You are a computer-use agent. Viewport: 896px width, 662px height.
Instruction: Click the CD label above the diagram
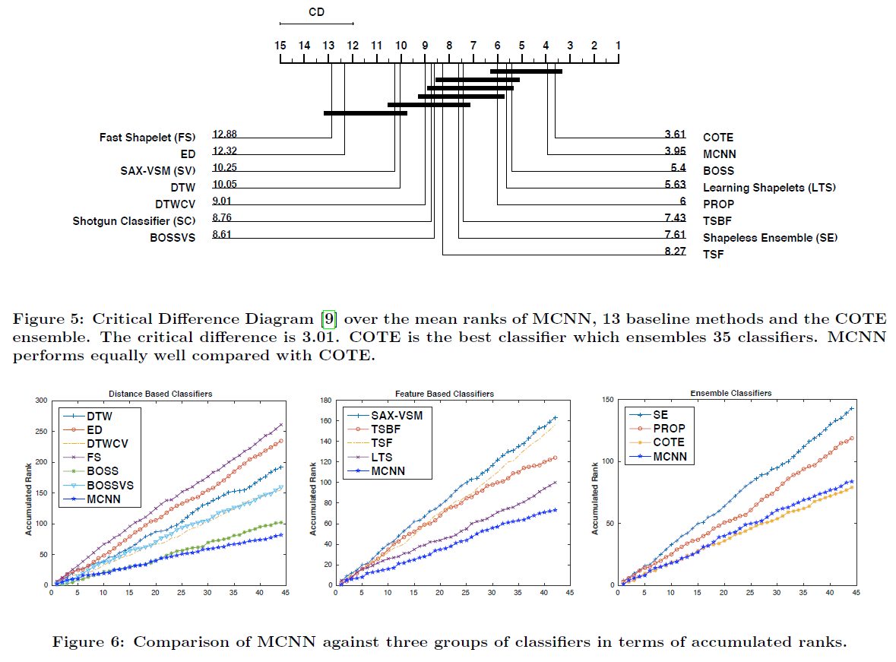point(317,12)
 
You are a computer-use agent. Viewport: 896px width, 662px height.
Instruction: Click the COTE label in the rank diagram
point(718,138)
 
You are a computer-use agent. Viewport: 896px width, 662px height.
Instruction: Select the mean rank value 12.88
point(225,134)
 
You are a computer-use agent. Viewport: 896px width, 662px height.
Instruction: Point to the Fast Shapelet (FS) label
point(147,138)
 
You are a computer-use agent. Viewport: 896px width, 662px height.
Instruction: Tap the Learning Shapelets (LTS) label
point(769,188)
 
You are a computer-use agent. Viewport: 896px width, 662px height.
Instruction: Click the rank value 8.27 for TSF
point(675,251)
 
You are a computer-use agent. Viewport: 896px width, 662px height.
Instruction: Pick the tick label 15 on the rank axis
point(280,46)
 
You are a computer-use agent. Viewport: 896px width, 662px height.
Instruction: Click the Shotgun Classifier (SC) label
point(135,221)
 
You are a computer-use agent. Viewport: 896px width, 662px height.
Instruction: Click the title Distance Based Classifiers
point(160,394)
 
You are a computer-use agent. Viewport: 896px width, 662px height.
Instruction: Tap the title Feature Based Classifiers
point(445,394)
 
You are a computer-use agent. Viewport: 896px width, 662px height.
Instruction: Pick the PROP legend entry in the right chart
point(669,429)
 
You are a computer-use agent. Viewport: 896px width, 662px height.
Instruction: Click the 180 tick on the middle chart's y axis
point(325,401)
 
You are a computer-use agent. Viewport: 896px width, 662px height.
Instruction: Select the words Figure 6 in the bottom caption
point(84,642)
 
